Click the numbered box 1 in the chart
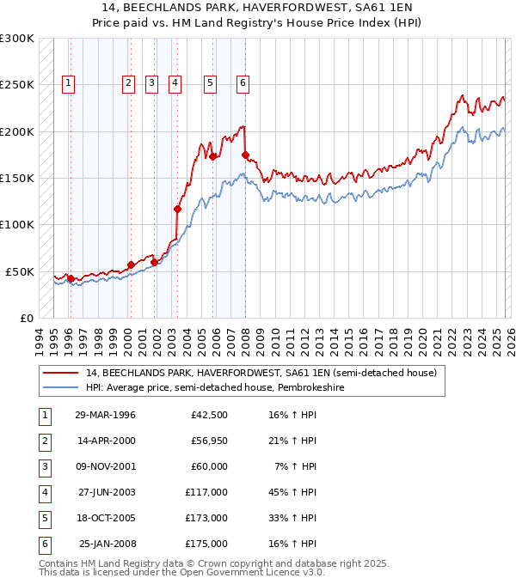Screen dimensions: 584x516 (68, 83)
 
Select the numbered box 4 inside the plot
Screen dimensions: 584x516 (175, 83)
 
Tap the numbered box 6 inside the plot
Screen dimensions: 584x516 (243, 83)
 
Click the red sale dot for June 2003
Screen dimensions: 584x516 (178, 209)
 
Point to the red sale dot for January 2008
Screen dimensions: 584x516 (245, 155)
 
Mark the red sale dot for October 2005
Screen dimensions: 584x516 (212, 157)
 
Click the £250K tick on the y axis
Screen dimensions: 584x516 (17, 85)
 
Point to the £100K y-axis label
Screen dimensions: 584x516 (17, 224)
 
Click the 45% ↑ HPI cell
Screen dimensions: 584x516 (292, 493)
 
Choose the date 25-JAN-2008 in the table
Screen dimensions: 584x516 (107, 544)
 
